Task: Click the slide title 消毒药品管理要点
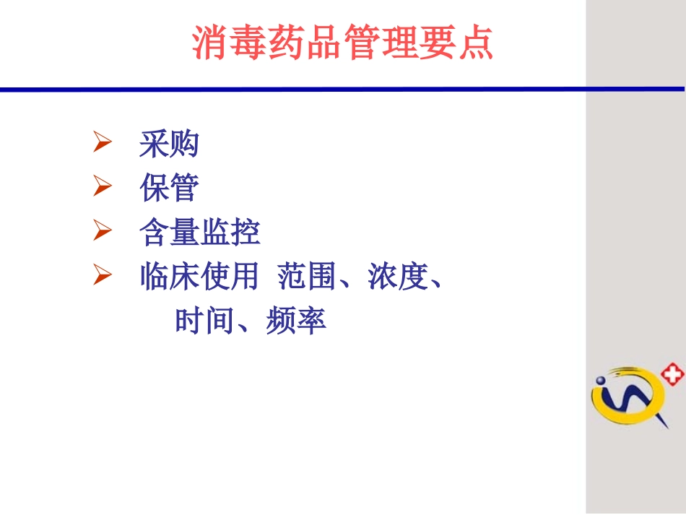pos(343,43)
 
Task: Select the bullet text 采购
pos(169,144)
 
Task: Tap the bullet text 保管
pos(169,189)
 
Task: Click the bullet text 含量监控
pos(199,233)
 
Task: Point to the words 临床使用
pos(199,277)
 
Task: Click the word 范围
pos(307,277)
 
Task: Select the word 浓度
pos(398,277)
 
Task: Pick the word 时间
pos(205,320)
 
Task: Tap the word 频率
pos(296,320)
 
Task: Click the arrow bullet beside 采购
pos(102,144)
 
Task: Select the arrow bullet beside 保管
pos(102,188)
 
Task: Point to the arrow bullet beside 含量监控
pos(102,232)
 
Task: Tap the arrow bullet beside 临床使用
pos(102,276)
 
